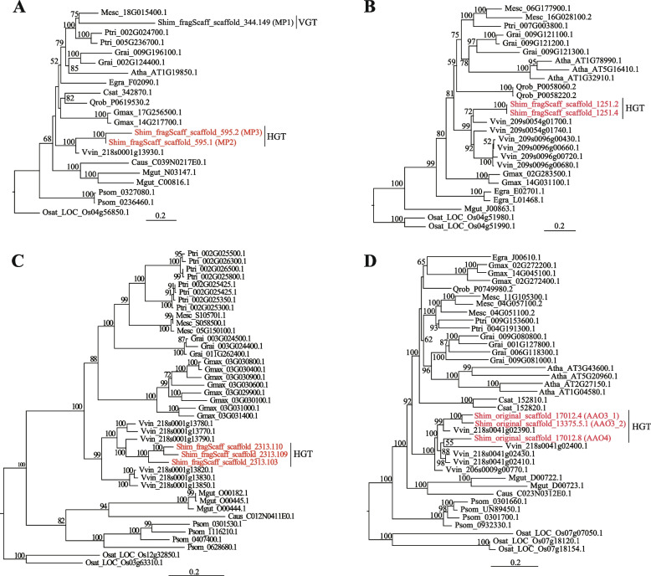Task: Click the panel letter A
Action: click(8, 7)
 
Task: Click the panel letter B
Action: click(339, 7)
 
